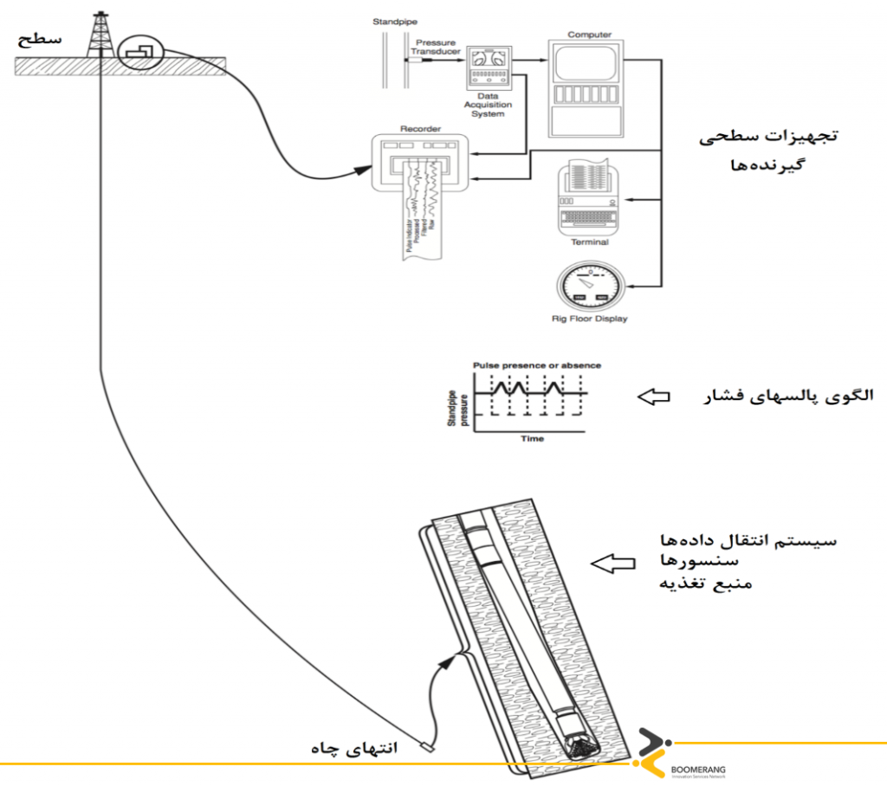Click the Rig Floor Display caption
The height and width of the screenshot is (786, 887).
tap(589, 319)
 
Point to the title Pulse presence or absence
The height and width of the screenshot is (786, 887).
tap(536, 365)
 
